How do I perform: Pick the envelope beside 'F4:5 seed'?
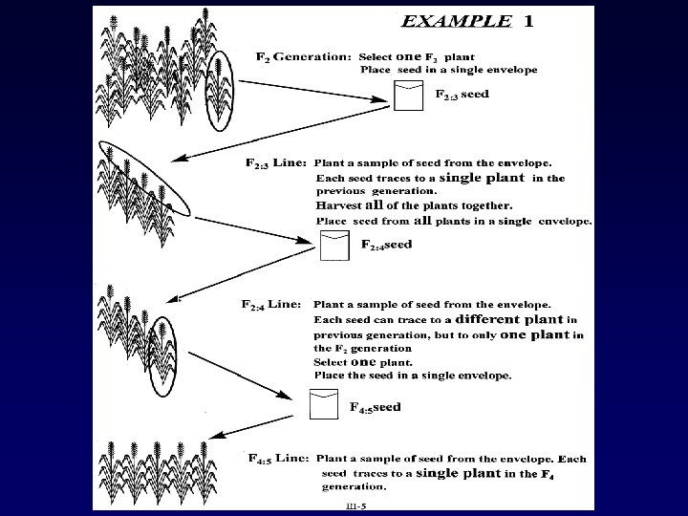[324, 405]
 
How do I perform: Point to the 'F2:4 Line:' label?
[272, 305]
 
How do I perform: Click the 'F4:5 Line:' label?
[277, 458]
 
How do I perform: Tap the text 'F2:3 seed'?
[462, 96]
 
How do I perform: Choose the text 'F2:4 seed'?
[386, 245]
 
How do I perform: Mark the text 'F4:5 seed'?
[375, 407]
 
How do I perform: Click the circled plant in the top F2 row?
[220, 89]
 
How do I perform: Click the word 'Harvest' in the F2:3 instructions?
[337, 204]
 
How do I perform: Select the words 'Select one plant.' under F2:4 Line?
[363, 362]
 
